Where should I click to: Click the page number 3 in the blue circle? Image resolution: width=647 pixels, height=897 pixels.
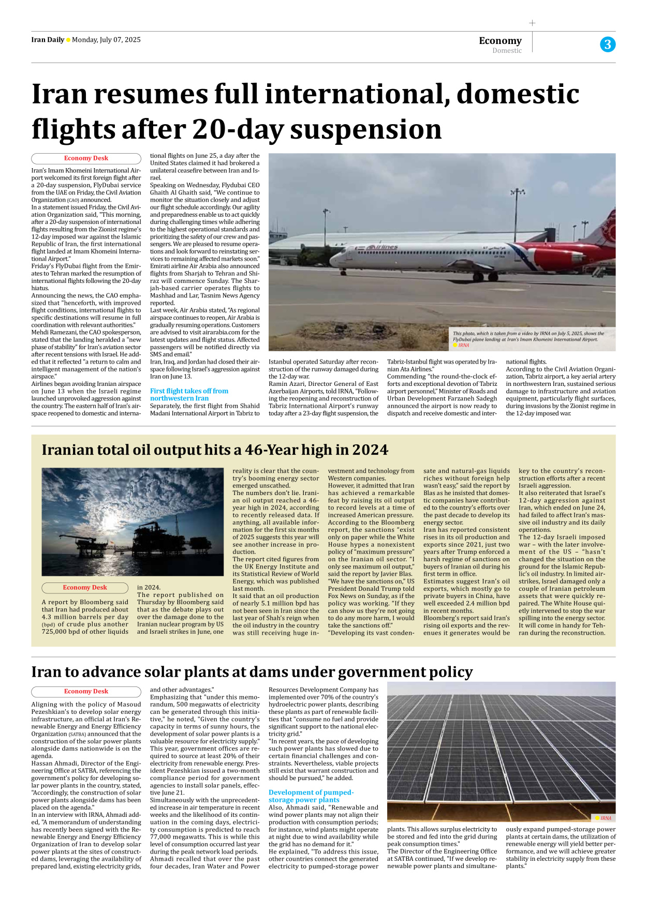(608, 44)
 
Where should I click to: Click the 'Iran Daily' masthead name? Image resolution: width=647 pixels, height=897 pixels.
(48, 40)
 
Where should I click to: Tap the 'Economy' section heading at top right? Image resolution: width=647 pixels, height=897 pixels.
(500, 40)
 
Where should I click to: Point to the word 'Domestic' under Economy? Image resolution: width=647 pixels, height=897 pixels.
(507, 51)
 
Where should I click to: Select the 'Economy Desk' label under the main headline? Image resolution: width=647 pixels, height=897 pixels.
(86, 158)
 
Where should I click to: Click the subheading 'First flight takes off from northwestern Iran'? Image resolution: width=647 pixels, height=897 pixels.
(189, 395)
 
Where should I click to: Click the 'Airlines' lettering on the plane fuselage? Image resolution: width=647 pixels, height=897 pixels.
(383, 248)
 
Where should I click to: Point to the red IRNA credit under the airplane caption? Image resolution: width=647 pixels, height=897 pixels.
(464, 345)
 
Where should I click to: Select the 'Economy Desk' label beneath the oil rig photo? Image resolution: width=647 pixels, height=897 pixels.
(85, 588)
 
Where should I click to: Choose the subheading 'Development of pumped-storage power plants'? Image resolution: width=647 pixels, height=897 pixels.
(311, 796)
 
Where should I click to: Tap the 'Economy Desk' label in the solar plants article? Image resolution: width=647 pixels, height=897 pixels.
(86, 692)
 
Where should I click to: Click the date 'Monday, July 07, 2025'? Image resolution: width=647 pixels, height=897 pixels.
(106, 40)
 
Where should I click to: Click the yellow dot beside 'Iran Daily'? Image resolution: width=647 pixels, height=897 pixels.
(68, 40)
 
